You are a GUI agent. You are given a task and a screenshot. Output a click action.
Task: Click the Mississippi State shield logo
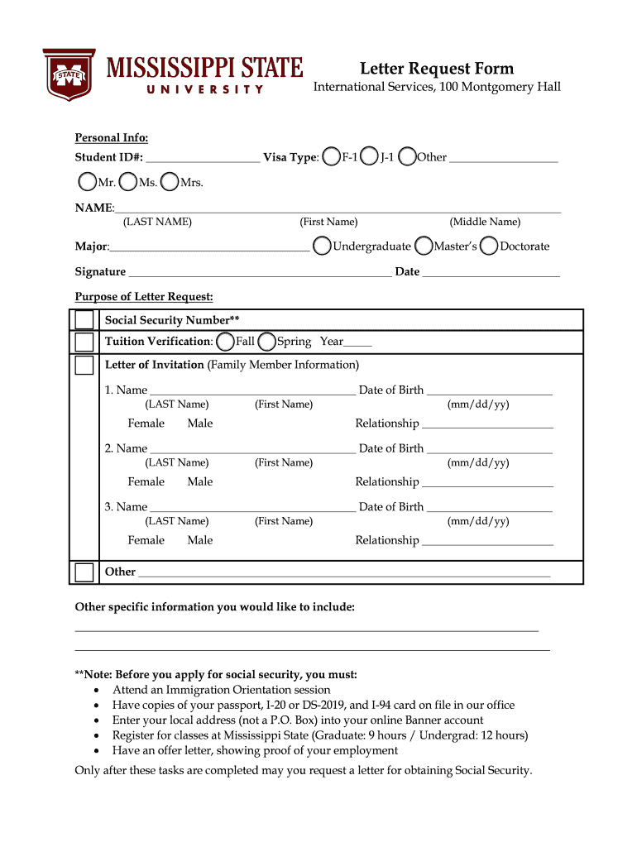(x=69, y=74)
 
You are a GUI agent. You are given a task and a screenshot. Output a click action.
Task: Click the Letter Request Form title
(x=436, y=69)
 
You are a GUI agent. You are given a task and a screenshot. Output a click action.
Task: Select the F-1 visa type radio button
(x=331, y=157)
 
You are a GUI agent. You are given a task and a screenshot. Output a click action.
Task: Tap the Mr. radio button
(x=87, y=182)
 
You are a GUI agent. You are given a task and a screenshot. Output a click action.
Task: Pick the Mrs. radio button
(x=169, y=182)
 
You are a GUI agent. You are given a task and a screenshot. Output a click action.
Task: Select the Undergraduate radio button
(x=321, y=246)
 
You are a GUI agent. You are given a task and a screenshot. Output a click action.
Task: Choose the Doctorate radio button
(x=489, y=246)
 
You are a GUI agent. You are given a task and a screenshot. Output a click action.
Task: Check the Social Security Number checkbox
(x=84, y=320)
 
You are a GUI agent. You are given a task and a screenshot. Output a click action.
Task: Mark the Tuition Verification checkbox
(x=84, y=342)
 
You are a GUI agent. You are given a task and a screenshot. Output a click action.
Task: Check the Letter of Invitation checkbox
(x=84, y=365)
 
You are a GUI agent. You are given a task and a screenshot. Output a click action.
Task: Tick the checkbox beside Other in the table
(x=84, y=572)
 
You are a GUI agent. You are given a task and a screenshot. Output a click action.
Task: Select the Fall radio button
(x=224, y=342)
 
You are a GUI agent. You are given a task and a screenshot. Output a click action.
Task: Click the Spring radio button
(x=266, y=342)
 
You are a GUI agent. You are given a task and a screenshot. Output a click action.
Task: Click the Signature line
(x=260, y=272)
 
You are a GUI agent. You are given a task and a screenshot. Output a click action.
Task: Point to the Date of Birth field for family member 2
(x=489, y=449)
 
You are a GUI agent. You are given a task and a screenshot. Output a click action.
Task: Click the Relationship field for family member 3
(x=487, y=541)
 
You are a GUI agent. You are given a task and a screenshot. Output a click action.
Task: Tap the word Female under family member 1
(x=146, y=423)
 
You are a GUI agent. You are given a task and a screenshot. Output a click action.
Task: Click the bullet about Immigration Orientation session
(x=221, y=690)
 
